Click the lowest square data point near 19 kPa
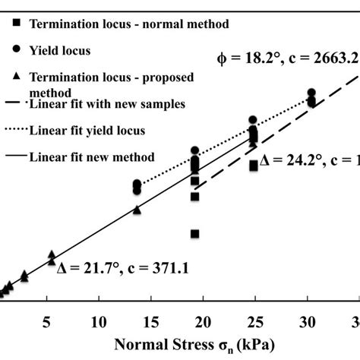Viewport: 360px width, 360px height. (x=195, y=234)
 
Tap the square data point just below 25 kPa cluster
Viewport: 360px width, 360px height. (x=254, y=166)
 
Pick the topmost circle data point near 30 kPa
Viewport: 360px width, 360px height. (x=311, y=93)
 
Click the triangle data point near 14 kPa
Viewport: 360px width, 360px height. (x=137, y=210)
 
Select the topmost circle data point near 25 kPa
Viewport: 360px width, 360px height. (x=254, y=120)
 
